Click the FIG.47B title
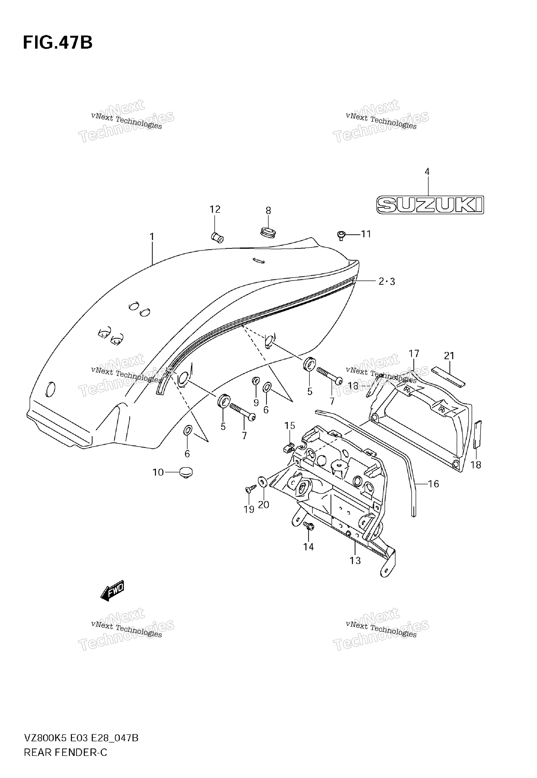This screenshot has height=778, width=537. (58, 43)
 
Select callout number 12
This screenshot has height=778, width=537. (215, 209)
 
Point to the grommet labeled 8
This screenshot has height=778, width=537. (268, 232)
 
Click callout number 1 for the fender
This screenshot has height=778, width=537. (152, 237)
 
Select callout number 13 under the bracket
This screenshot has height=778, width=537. (355, 561)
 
